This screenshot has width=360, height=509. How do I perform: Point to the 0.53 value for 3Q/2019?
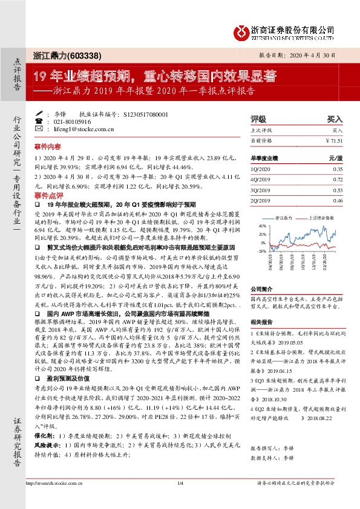pyautogui.click(x=337, y=190)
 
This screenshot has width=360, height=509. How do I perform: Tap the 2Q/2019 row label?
pyautogui.click(x=260, y=200)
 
